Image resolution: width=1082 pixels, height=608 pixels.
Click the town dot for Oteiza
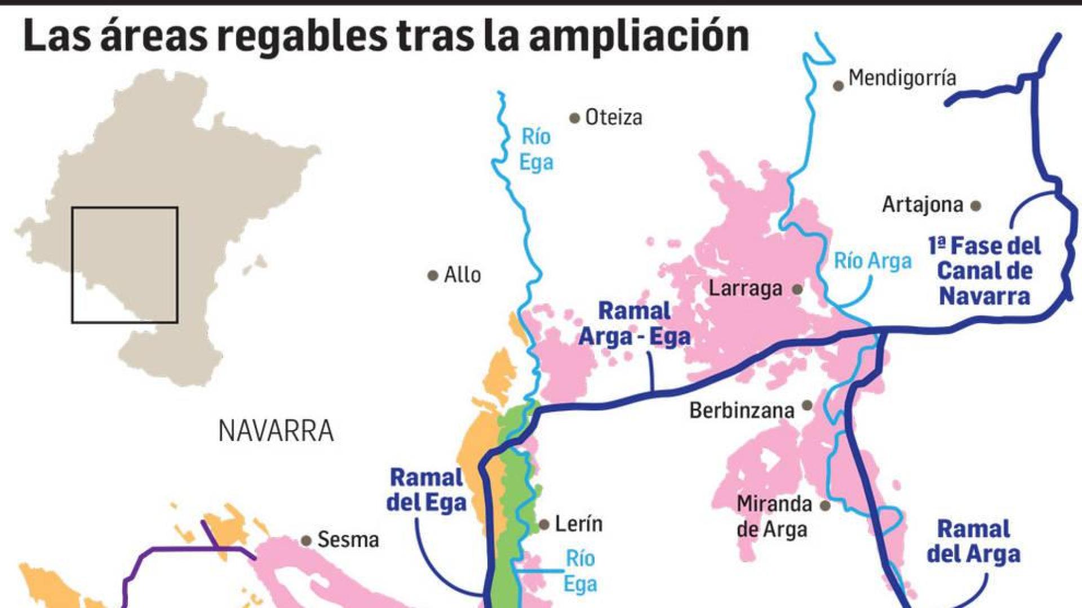tap(574, 118)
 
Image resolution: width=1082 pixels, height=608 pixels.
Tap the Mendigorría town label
tap(902, 78)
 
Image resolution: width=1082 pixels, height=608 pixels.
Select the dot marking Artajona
tap(976, 206)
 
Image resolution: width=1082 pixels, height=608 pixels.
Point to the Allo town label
tap(462, 275)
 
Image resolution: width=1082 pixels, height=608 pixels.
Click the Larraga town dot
tap(797, 289)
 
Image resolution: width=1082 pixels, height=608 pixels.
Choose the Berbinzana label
tap(742, 410)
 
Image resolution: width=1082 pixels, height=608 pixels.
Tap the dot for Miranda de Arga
tap(825, 506)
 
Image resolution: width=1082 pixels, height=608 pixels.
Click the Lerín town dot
tap(544, 525)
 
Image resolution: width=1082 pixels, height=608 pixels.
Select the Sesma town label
tap(348, 540)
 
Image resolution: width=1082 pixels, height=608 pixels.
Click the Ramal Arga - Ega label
tap(635, 324)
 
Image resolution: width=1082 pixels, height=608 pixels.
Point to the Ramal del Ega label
tap(427, 490)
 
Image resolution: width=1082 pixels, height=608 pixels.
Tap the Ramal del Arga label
tap(973, 542)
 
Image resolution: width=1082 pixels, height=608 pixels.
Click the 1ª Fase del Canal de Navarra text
tap(985, 271)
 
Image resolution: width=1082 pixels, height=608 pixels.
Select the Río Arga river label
tap(872, 261)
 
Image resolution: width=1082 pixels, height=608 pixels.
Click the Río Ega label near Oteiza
tap(535, 149)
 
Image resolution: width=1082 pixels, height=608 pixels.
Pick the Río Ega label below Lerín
tap(580, 571)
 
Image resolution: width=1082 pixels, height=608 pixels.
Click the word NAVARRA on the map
tap(276, 431)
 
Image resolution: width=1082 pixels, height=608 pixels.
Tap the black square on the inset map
tap(125, 265)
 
